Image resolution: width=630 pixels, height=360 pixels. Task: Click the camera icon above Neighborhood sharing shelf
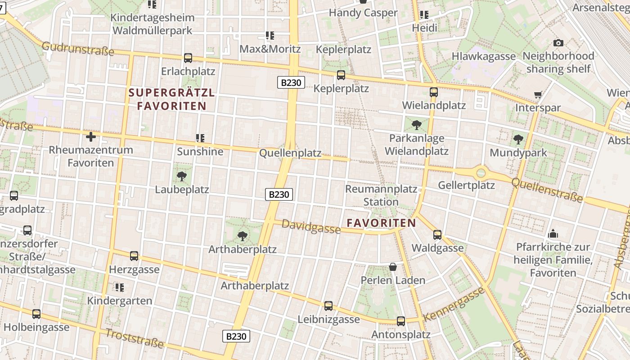(558, 43)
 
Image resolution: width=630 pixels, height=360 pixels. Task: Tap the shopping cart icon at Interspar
(538, 94)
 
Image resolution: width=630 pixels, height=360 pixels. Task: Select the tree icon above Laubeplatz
(182, 176)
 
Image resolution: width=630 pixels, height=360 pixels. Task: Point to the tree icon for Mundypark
(518, 139)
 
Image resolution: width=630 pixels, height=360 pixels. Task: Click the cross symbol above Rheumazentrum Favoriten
(91, 136)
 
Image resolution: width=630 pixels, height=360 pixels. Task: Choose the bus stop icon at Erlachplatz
(188, 58)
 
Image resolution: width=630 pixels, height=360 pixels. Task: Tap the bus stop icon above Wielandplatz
(434, 92)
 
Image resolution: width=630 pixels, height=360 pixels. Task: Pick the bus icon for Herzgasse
(134, 256)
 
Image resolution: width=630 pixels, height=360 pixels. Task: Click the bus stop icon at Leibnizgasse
(328, 306)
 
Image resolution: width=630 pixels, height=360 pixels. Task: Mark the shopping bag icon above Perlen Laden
(393, 267)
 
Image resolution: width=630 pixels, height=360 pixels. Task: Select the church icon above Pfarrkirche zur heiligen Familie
(553, 234)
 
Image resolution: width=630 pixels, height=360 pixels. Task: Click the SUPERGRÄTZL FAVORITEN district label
(172, 99)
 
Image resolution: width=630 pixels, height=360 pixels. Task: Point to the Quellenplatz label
(290, 153)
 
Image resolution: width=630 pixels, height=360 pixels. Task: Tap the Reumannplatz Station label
(381, 195)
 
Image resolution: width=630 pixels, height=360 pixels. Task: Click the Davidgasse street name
(311, 227)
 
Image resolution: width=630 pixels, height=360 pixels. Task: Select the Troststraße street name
(135, 338)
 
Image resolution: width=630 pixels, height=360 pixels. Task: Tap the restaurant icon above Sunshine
(200, 138)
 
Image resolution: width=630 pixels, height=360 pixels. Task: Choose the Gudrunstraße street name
(78, 49)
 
